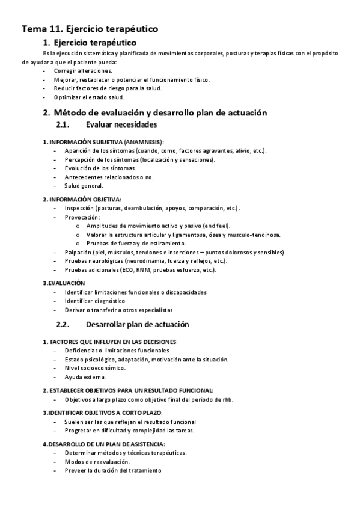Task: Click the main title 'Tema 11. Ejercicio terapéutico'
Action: tap(90, 28)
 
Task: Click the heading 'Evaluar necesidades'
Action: tap(121, 124)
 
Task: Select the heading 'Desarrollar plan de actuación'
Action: tap(137, 324)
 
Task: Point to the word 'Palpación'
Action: tap(78, 252)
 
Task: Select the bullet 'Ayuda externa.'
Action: tap(85, 377)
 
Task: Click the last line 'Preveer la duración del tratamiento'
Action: tap(113, 471)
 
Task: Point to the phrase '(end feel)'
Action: tap(216, 226)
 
